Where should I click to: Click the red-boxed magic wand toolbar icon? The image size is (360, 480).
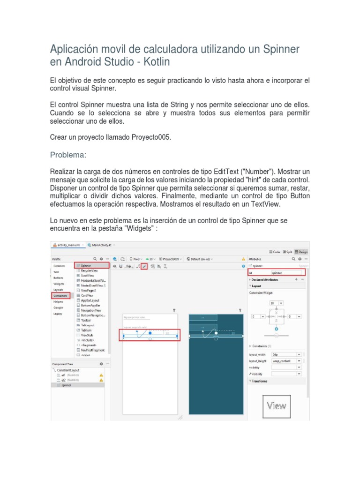click(144, 266)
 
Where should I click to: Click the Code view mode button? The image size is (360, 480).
click(275, 252)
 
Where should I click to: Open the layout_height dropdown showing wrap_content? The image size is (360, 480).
click(284, 361)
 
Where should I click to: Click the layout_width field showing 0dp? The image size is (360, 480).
click(284, 355)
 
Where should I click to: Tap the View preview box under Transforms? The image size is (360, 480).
click(276, 405)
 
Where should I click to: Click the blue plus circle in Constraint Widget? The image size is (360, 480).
click(276, 329)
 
